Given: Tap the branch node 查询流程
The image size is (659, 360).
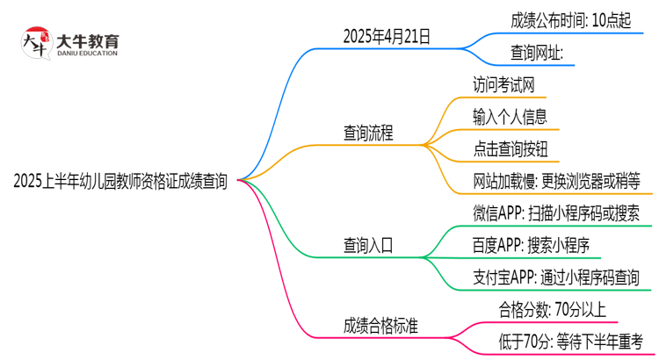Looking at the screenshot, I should (368, 133).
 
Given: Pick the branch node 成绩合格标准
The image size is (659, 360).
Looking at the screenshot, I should (380, 326).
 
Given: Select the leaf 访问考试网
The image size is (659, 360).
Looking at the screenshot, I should (503, 84).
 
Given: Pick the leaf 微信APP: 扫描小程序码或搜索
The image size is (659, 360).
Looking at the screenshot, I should (555, 213).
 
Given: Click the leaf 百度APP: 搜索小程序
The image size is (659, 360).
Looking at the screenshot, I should (531, 245).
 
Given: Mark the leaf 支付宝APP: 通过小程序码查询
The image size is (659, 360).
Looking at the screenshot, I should (555, 277).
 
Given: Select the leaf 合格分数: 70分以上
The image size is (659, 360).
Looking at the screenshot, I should (552, 308).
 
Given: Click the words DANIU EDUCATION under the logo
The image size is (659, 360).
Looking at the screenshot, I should (86, 54).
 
